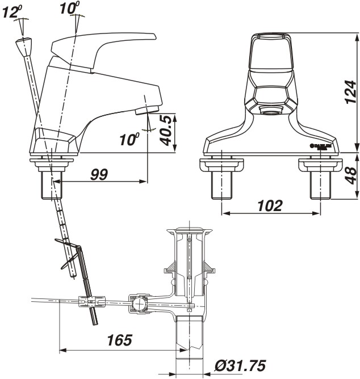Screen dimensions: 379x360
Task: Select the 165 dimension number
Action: click(119, 340)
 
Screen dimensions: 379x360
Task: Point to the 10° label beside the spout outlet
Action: click(129, 138)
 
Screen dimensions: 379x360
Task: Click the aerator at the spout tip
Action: click(146, 108)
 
